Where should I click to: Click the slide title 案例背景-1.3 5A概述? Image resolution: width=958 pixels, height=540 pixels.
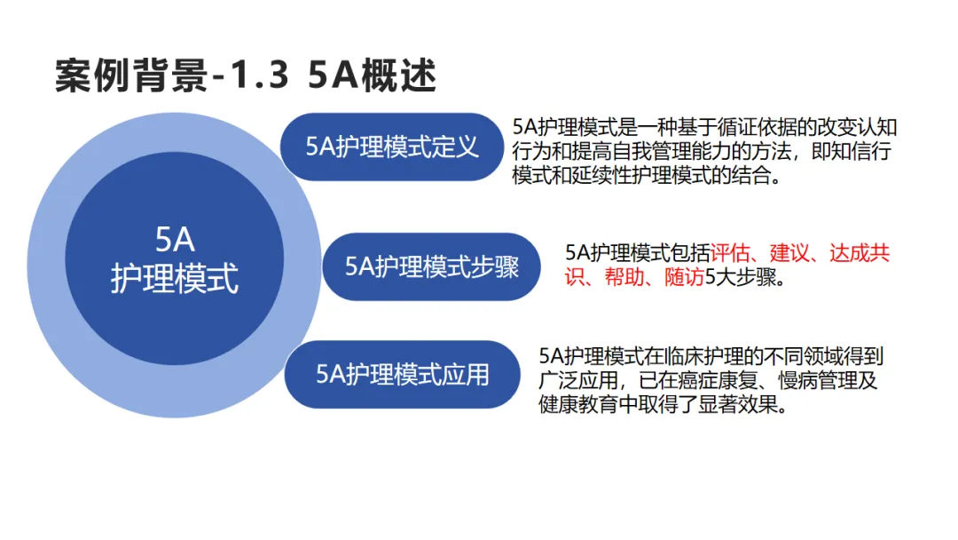246,76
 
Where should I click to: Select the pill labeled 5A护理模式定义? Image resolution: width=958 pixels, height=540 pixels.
392,147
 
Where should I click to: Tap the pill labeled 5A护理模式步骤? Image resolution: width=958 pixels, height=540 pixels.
431,266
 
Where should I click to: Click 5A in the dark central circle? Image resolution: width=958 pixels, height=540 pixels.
175,240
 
